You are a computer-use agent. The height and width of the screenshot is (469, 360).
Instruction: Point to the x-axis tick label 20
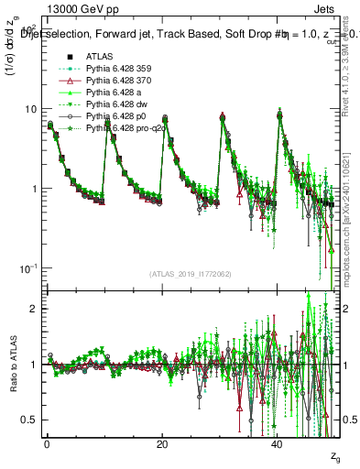pos(162,442)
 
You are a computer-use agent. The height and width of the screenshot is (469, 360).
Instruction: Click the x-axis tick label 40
pos(278,442)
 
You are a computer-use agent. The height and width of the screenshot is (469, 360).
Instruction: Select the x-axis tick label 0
pos(47,442)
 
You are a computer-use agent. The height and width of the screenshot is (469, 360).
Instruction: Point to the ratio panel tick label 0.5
pos(31,420)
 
